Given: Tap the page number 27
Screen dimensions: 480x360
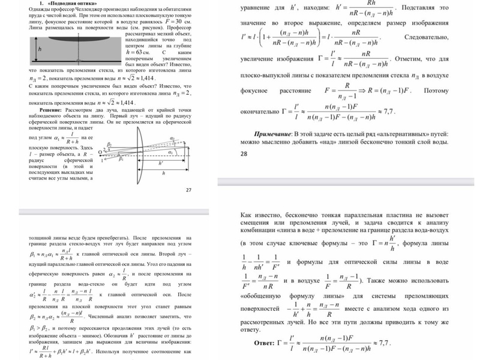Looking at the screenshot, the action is (x=188, y=190).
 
